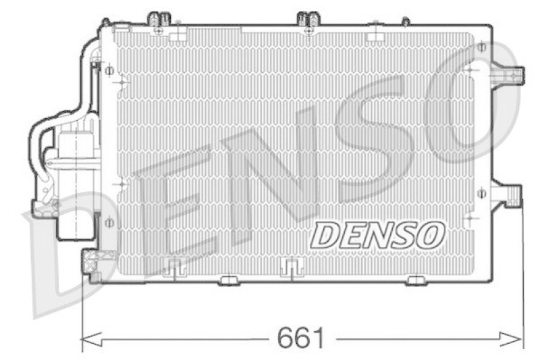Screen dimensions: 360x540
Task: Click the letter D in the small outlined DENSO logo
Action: tap(327, 236)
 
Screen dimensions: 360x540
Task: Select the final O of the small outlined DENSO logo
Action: tap(431, 236)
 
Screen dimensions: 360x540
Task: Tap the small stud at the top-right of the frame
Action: tap(405, 22)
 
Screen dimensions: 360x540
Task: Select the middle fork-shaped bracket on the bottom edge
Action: tap(290, 268)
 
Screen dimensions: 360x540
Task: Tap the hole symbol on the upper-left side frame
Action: tap(109, 70)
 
